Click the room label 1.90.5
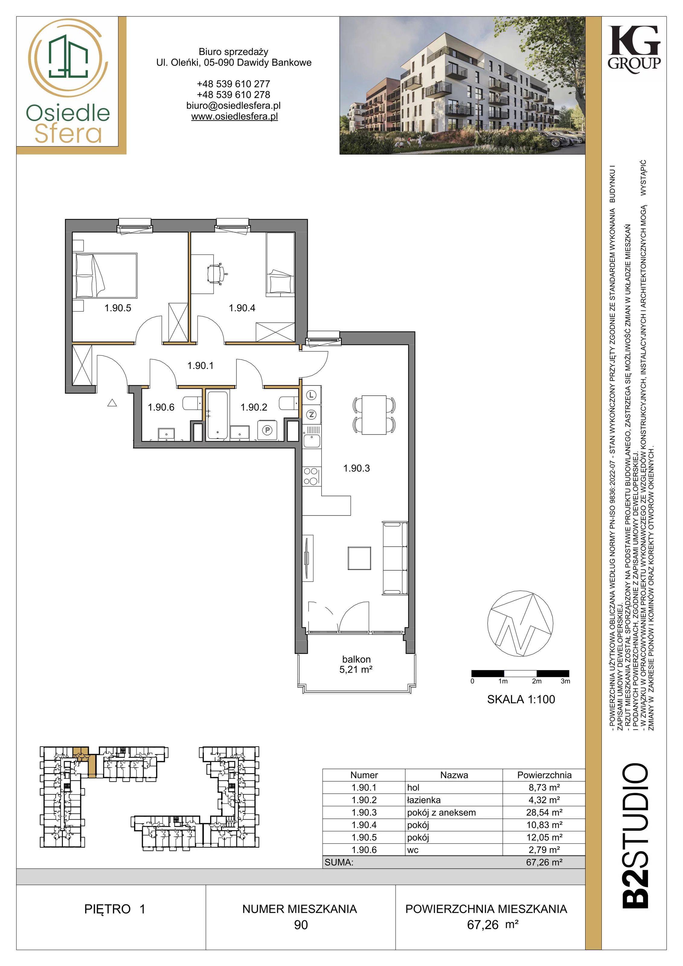click(118, 308)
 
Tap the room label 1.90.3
click(356, 468)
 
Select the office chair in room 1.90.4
click(217, 273)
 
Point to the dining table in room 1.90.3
click(374, 414)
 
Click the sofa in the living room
click(395, 558)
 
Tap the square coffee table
click(359, 558)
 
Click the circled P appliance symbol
click(267, 430)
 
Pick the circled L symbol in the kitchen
click(311, 395)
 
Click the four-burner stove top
click(311, 476)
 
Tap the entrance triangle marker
click(112, 403)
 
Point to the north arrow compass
click(520, 624)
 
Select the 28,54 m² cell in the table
click(544, 812)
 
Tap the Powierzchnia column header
click(544, 775)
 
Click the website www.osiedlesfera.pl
click(234, 117)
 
